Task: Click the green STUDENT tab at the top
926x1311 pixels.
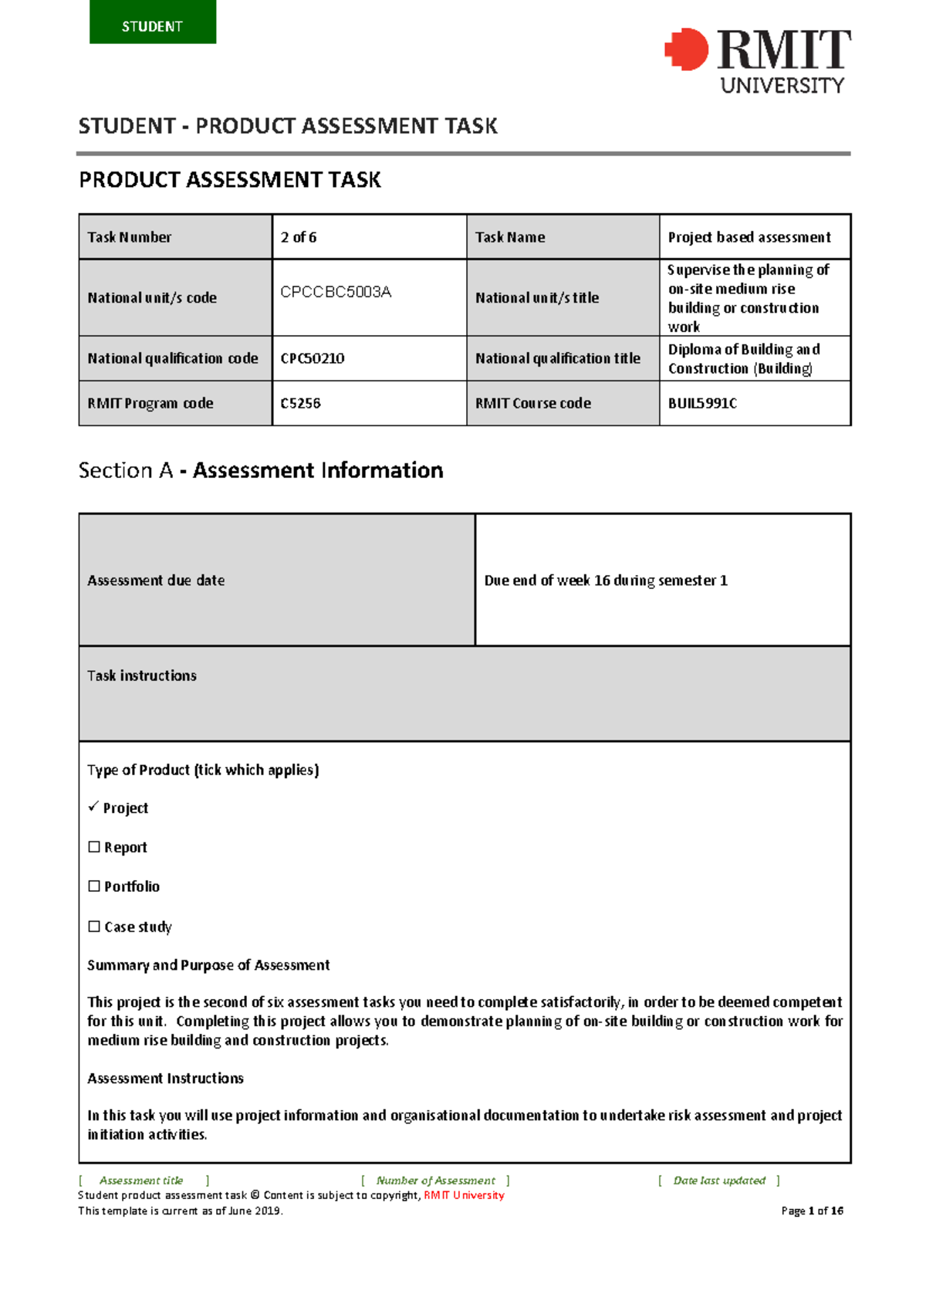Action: click(x=153, y=23)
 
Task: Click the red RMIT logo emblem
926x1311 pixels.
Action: click(x=686, y=49)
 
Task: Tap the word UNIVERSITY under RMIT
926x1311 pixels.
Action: click(x=782, y=85)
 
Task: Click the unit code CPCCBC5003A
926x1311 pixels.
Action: click(x=336, y=292)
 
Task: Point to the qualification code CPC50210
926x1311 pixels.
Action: click(x=313, y=358)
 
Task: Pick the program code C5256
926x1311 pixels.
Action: click(x=301, y=403)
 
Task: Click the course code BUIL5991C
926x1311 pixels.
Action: click(x=702, y=403)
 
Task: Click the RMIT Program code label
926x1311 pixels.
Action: click(x=150, y=403)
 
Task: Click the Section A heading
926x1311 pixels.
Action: click(x=261, y=470)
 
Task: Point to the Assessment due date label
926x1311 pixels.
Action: click(x=156, y=580)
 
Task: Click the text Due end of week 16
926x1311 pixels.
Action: click(x=606, y=580)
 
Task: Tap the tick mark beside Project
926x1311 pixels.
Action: click(x=93, y=806)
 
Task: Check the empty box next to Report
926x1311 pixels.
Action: click(x=94, y=847)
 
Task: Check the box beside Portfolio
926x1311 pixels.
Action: click(x=94, y=886)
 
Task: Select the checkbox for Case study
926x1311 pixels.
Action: click(x=94, y=927)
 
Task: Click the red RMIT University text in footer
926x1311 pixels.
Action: click(x=464, y=1195)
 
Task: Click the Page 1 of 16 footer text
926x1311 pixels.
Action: click(x=812, y=1211)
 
